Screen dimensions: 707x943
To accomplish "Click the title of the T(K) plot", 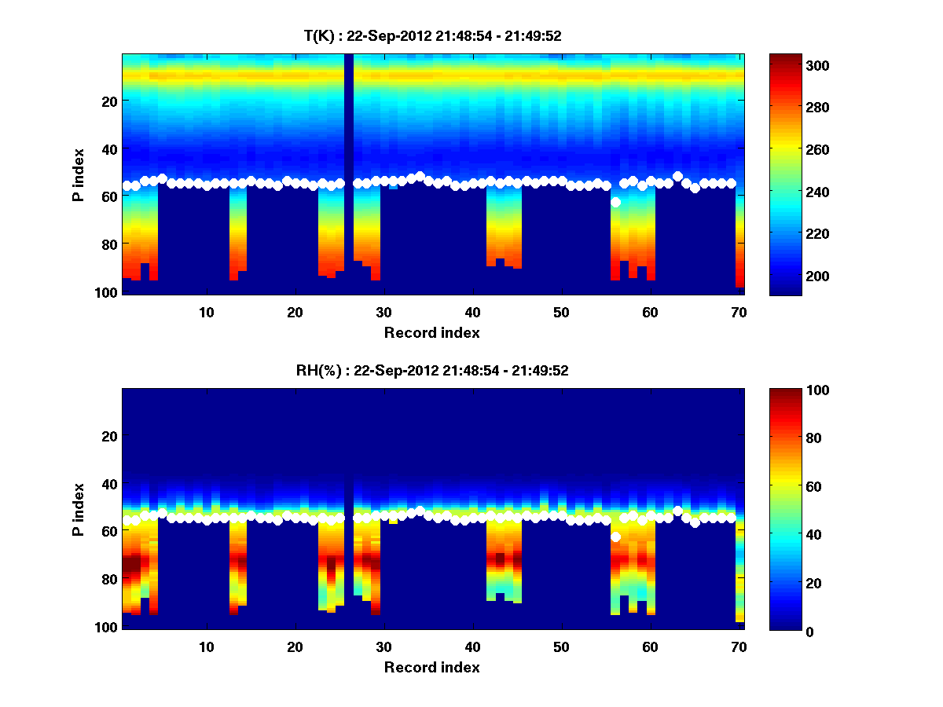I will pyautogui.click(x=432, y=35).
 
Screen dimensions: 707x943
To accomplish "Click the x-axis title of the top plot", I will pyautogui.click(x=432, y=332).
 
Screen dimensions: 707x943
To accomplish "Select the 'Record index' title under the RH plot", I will pyautogui.click(x=432, y=667).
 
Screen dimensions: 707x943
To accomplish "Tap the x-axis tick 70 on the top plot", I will pyautogui.click(x=739, y=312).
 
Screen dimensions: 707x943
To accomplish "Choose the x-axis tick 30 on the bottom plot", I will pyautogui.click(x=383, y=647).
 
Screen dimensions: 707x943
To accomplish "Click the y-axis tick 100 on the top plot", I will pyautogui.click(x=107, y=292).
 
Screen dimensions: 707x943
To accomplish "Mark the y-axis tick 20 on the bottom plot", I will pyautogui.click(x=110, y=436).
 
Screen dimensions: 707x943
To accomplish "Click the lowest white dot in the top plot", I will pyautogui.click(x=616, y=202).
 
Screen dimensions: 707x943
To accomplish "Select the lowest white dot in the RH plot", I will pyautogui.click(x=616, y=537).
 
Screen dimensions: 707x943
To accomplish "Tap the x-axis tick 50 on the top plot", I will pyautogui.click(x=561, y=312).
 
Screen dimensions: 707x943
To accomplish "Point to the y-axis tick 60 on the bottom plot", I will pyautogui.click(x=110, y=531).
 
